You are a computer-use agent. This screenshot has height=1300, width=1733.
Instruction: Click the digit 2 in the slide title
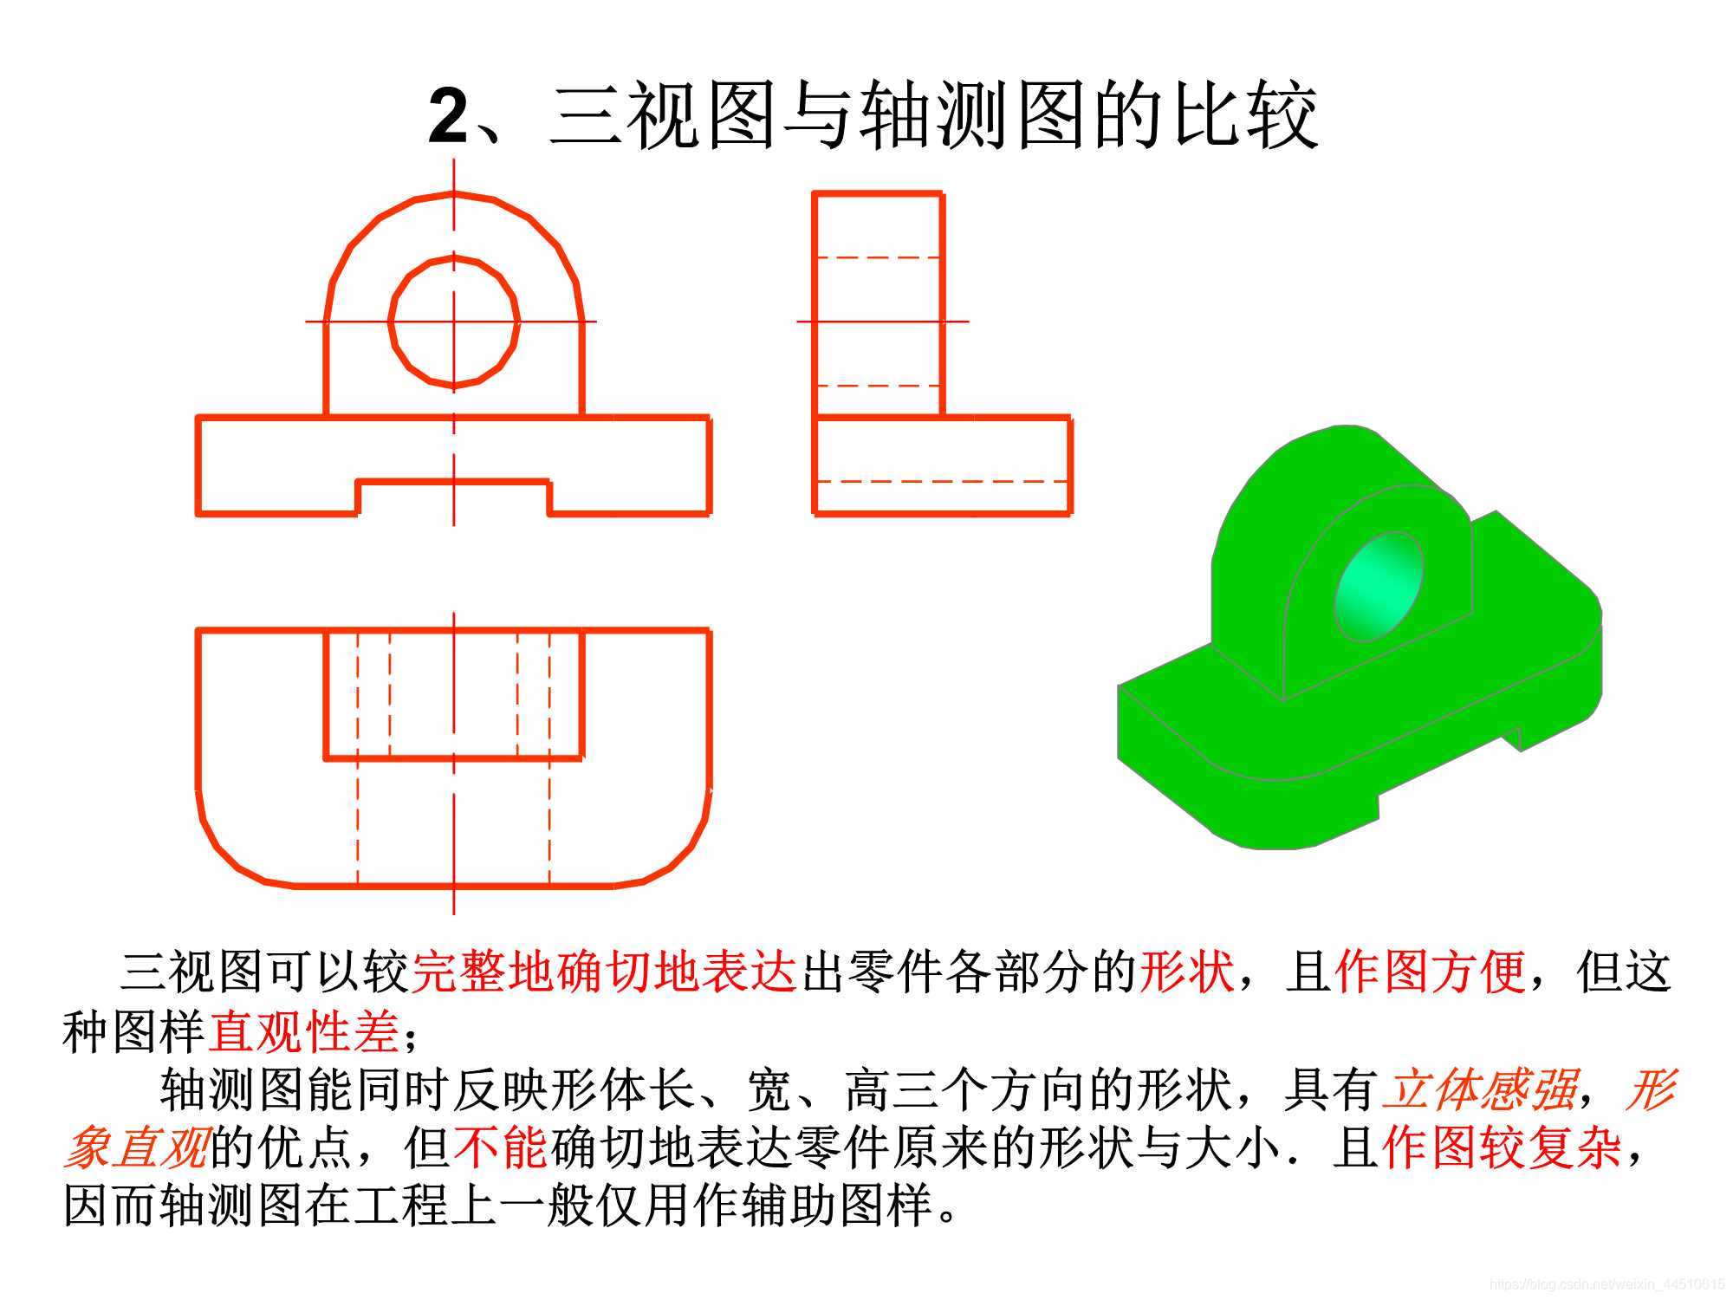pos(449,116)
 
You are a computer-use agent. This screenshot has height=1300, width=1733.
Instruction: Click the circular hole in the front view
pos(454,322)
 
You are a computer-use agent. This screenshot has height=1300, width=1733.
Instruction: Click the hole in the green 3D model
pos(1379,587)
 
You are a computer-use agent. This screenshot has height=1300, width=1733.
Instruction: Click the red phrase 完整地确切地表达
pos(604,972)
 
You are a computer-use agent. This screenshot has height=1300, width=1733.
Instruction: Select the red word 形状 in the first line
pos(1186,972)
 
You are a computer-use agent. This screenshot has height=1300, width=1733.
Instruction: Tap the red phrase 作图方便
pos(1430,972)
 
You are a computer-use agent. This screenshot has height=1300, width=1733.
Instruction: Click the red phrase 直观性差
pos(303,1031)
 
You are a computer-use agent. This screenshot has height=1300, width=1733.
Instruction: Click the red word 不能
pos(500,1148)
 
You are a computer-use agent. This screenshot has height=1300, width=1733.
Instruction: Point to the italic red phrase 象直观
pos(137,1148)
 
